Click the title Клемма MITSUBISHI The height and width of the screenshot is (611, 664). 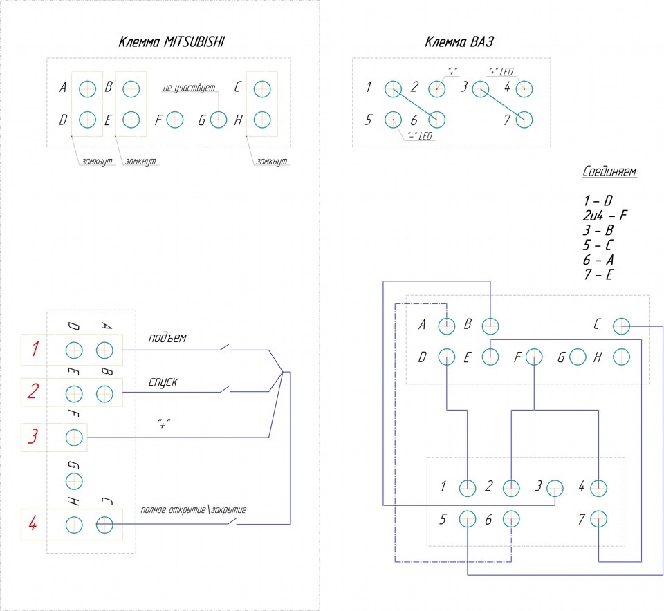pos(171,42)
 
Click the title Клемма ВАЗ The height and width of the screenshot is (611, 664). pos(459,42)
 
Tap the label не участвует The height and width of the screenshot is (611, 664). pos(189,88)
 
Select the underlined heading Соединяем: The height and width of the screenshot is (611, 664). pos(610,172)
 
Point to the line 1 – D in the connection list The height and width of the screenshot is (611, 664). pos(598,200)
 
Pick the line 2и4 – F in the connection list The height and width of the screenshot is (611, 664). pos(605,216)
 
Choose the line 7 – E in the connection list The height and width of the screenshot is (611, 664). pos(598,274)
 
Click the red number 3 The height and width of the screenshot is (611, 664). pos(33,436)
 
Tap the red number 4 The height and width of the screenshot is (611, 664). pos(33,523)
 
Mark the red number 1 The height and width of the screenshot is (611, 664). pos(35,348)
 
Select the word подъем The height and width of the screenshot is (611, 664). pos(167,338)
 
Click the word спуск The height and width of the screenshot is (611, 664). pos(163,382)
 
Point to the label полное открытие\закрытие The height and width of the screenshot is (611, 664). pos(194,509)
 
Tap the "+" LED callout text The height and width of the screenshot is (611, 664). pos(501,71)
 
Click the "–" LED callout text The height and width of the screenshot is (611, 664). pos(420,136)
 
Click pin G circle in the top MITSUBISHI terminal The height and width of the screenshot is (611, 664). pos(219,120)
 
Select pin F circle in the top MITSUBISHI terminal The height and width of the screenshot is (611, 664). pos(175,120)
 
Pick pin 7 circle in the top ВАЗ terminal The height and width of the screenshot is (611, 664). pos(524,120)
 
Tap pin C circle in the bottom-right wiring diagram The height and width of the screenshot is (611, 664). pos(621,326)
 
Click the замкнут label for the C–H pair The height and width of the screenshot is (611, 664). pos(271,161)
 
